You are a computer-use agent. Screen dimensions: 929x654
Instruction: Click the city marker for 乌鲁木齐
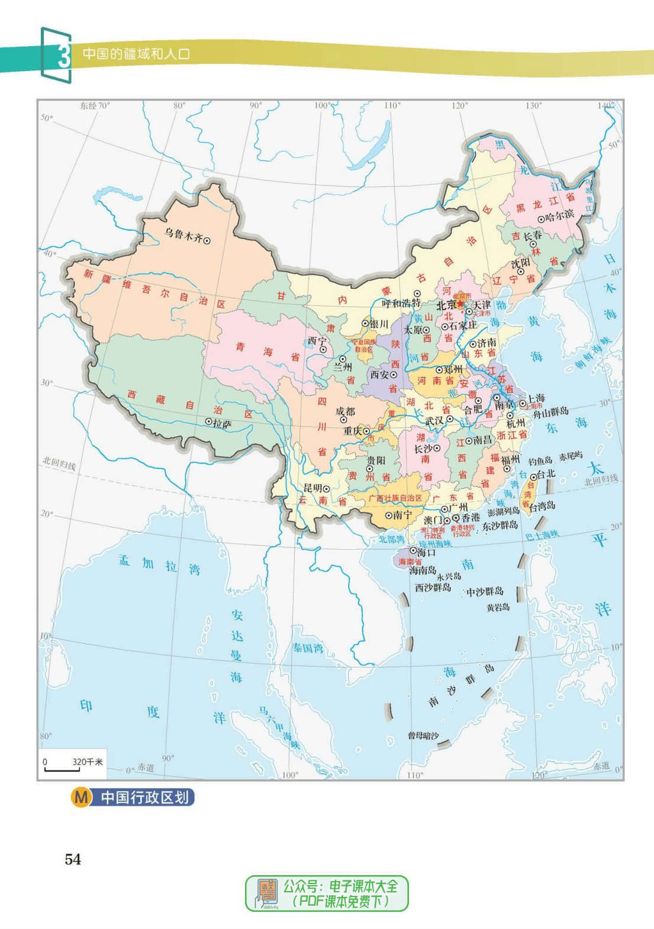click(207, 240)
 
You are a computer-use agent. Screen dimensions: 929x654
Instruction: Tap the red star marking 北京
click(460, 304)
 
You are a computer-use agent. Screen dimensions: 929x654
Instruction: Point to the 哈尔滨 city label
click(559, 215)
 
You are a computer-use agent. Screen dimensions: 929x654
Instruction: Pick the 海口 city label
click(426, 552)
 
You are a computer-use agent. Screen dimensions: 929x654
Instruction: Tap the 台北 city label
click(546, 474)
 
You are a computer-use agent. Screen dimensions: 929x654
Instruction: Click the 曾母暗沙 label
click(423, 736)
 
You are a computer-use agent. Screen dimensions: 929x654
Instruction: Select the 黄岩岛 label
click(498, 607)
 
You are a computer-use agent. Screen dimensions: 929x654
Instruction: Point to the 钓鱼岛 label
click(540, 460)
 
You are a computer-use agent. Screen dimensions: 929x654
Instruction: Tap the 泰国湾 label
click(308, 649)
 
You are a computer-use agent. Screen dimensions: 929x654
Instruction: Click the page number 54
click(73, 859)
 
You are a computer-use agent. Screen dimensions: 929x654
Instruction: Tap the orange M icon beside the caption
click(81, 798)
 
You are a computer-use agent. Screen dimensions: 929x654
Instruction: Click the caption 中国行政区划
click(144, 798)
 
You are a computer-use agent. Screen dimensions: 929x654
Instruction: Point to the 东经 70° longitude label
click(95, 106)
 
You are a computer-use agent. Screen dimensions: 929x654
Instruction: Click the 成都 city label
click(345, 411)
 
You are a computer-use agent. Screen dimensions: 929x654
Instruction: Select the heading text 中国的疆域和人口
click(136, 54)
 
